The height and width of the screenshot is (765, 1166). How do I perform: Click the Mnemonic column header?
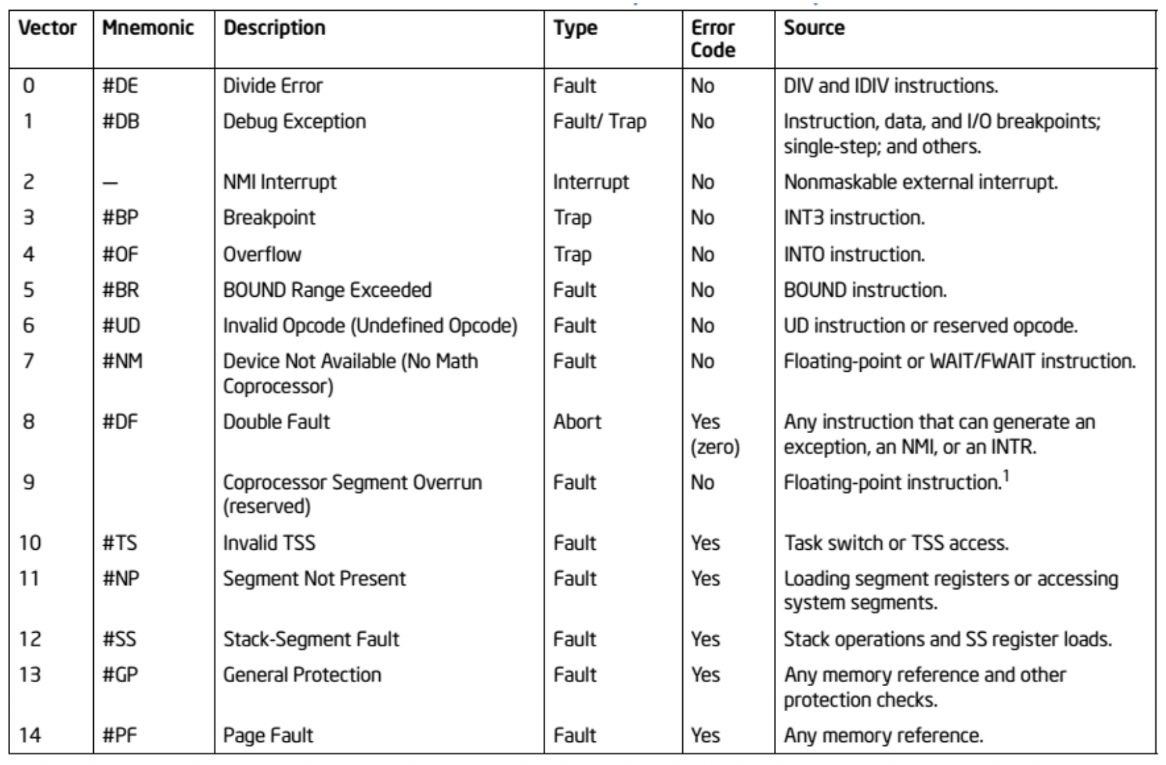pos(148,28)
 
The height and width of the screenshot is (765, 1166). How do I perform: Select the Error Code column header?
pos(713,38)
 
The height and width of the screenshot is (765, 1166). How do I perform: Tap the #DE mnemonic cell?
pos(120,86)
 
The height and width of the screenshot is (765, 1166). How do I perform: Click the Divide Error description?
pos(273,86)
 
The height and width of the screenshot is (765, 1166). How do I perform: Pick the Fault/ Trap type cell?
pos(599,121)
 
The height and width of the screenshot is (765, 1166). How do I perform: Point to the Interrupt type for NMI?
pos(590,181)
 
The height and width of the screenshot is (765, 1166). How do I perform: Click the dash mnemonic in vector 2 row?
pos(111,183)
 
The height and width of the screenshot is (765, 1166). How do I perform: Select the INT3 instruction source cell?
pos(854,217)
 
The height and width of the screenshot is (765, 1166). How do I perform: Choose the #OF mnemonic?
pos(121,254)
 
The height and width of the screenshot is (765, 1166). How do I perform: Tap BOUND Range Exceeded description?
pos(327,290)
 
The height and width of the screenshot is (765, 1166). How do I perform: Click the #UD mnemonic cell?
pos(121,326)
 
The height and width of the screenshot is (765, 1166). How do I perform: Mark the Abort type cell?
pos(577,422)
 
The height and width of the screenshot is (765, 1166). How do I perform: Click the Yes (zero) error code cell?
pos(715,434)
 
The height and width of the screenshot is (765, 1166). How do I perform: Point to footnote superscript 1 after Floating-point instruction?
pos(1005,476)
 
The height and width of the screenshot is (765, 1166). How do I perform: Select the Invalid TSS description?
pos(269,542)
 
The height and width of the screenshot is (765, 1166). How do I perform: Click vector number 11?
pos(30,578)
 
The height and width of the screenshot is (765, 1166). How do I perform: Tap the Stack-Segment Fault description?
pos(311,639)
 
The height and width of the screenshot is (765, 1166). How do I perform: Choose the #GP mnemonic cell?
pos(120,675)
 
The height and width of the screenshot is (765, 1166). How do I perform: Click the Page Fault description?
pos(268,735)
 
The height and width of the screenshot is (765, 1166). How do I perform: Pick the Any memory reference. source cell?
pos(883,735)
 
